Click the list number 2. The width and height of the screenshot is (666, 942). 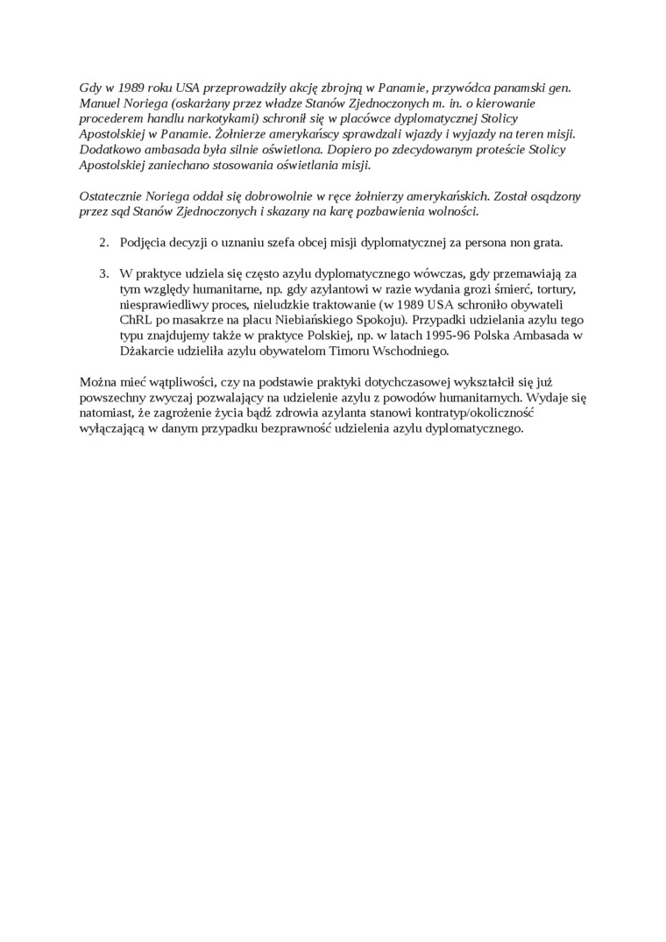tap(103, 242)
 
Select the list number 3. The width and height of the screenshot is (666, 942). tap(103, 273)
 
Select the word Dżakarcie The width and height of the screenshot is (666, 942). tap(147, 351)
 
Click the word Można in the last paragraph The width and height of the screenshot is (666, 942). tap(97, 382)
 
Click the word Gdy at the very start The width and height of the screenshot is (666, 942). tap(90, 88)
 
